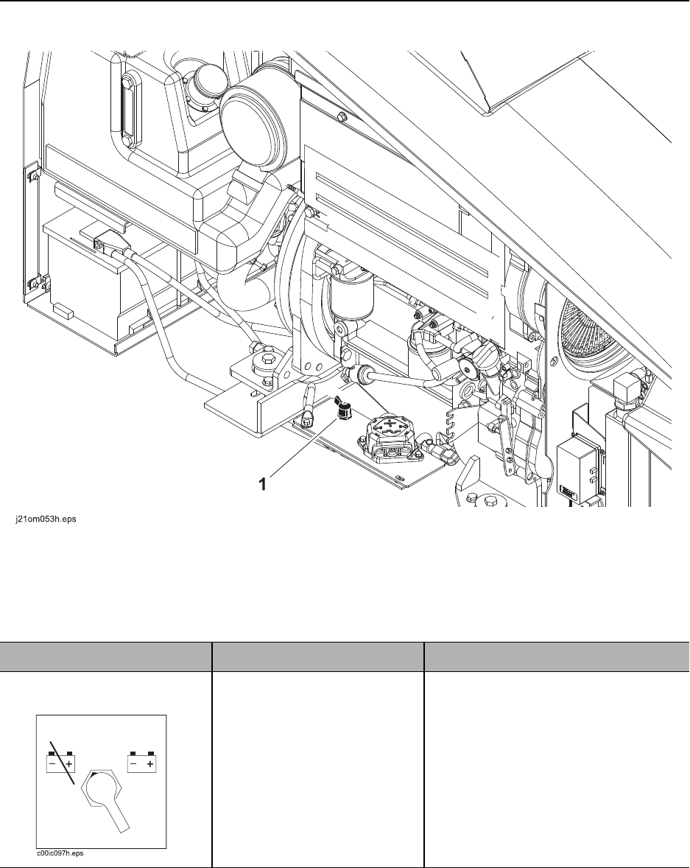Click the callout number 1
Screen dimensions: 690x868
click(x=264, y=484)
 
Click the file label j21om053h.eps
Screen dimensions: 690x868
click(x=46, y=520)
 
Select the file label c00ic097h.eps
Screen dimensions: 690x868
click(x=60, y=853)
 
